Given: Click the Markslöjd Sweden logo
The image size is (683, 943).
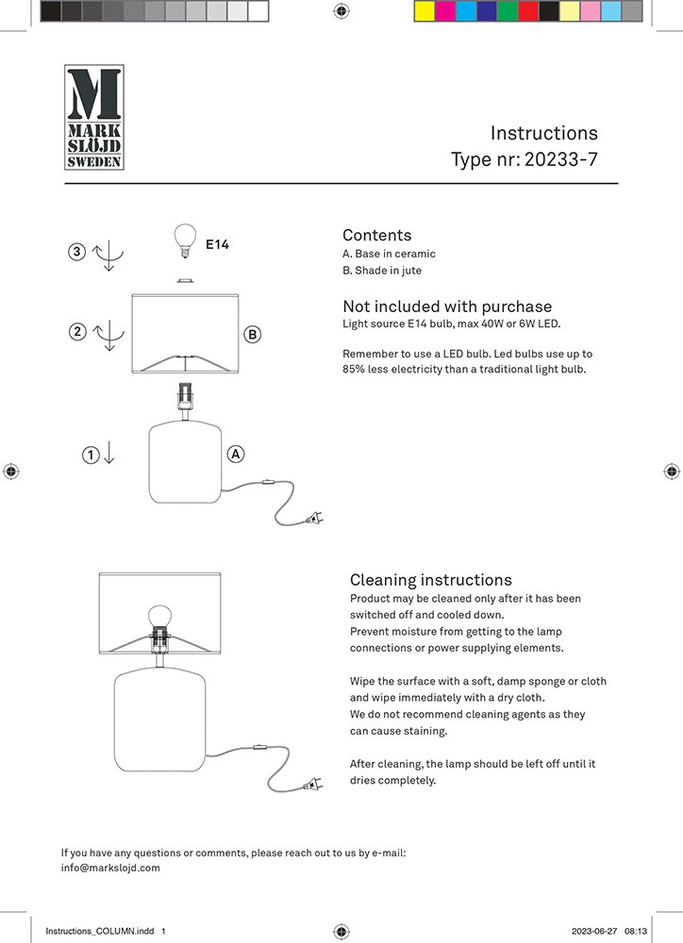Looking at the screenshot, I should [x=92, y=118].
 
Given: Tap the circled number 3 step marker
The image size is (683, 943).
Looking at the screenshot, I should [x=77, y=252].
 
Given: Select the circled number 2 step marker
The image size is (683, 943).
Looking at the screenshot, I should [x=77, y=331].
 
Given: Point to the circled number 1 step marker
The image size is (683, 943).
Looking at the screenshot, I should [x=91, y=455].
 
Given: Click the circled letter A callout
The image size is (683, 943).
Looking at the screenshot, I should [x=236, y=455].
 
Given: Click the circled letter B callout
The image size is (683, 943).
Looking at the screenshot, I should [x=252, y=334].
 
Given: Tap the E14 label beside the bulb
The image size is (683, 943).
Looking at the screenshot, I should [x=217, y=245].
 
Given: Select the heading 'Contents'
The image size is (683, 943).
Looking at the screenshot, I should [x=376, y=235].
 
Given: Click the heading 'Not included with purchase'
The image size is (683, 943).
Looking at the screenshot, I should [x=446, y=306].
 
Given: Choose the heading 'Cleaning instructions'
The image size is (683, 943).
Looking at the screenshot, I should [x=430, y=580].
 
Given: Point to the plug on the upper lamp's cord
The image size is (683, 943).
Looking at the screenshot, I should [x=313, y=518].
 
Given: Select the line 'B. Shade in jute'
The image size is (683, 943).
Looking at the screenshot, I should [x=381, y=271].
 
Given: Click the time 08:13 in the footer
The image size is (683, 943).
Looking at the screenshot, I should [x=636, y=931].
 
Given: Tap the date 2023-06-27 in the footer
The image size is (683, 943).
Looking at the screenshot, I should [x=593, y=931].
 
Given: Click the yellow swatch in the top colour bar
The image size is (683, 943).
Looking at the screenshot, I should [x=424, y=10].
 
